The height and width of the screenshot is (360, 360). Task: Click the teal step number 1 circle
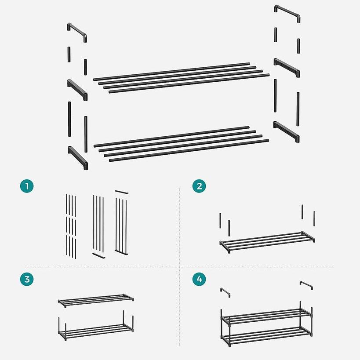[27, 186]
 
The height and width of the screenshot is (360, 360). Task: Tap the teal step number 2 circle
[199, 186]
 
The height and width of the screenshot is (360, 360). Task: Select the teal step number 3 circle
[27, 279]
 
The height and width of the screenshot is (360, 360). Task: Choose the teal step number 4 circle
[199, 279]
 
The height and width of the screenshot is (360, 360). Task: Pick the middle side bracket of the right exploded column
[287, 67]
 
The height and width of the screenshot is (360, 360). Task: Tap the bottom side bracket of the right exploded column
[286, 131]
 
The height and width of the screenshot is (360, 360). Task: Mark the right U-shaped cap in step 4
[306, 284]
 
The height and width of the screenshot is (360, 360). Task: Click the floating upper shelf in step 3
[95, 300]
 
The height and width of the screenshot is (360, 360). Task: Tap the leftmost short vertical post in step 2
[220, 220]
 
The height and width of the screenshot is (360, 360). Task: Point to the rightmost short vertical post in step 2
[314, 218]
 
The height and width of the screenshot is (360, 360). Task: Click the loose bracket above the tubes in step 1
[121, 192]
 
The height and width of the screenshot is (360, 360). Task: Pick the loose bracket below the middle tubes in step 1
[99, 256]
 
